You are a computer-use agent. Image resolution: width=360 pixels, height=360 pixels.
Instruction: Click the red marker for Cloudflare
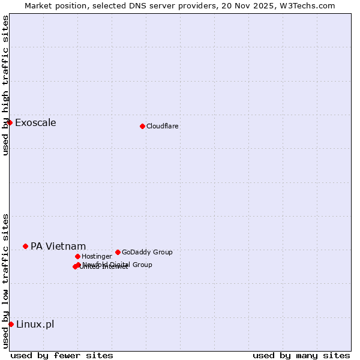(x=142, y=126)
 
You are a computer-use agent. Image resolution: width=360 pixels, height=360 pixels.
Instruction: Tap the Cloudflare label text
(x=163, y=126)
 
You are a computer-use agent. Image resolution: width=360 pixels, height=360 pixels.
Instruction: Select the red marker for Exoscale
(x=10, y=122)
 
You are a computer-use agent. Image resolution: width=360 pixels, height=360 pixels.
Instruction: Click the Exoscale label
(x=35, y=123)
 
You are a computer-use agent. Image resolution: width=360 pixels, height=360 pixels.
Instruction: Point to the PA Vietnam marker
(x=25, y=246)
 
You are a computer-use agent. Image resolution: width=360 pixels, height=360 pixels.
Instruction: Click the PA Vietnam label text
(x=58, y=247)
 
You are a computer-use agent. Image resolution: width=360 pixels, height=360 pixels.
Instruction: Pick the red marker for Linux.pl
(x=11, y=324)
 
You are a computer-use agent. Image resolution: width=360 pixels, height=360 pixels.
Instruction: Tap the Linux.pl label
(x=35, y=325)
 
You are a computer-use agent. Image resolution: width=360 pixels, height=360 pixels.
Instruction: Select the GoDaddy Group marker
(x=118, y=252)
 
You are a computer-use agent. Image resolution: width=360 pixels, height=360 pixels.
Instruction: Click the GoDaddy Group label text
(x=147, y=252)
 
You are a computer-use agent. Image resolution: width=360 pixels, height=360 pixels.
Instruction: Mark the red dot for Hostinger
(x=77, y=256)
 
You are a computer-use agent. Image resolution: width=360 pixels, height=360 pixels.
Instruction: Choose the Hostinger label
(x=97, y=256)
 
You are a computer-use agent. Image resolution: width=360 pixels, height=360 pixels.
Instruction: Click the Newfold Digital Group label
(x=118, y=265)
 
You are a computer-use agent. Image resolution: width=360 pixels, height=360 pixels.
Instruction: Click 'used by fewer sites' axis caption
(x=62, y=355)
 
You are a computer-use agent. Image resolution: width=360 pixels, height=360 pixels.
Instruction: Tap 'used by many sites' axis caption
(x=301, y=355)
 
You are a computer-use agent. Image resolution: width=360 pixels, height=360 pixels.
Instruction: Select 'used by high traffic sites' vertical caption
(x=5, y=85)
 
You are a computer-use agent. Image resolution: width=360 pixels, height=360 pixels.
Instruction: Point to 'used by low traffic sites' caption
(x=5, y=280)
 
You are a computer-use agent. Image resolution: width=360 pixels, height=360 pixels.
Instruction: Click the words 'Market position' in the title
(x=53, y=5)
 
